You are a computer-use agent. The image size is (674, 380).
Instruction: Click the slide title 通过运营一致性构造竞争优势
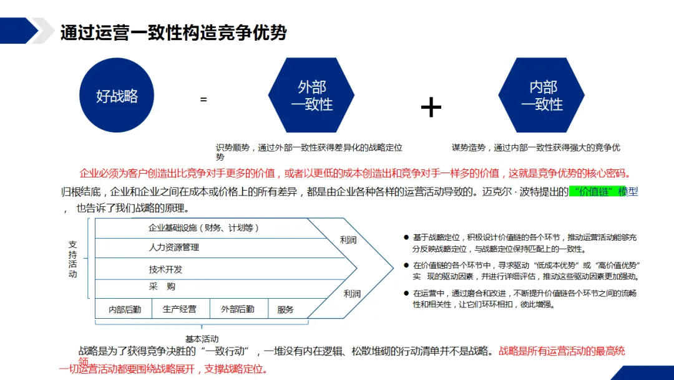tap(173, 32)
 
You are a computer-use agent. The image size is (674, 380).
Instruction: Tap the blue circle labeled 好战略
tap(117, 96)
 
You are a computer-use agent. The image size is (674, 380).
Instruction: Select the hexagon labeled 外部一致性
tap(311, 96)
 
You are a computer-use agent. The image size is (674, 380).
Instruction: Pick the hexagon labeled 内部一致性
tap(542, 96)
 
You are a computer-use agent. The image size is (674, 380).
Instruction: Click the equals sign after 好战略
tap(203, 99)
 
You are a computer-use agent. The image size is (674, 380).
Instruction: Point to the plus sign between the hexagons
tap(431, 107)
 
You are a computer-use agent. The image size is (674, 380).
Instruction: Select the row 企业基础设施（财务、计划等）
tap(203, 228)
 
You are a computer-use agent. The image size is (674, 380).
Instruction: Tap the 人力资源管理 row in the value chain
tap(174, 247)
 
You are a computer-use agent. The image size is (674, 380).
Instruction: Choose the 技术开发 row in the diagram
tap(165, 269)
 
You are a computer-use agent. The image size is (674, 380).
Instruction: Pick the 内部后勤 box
tap(125, 309)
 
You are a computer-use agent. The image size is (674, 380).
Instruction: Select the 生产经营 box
tap(180, 309)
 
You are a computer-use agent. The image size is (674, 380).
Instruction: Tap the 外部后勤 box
tap(237, 309)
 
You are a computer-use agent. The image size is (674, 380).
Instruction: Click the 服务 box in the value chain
tap(285, 309)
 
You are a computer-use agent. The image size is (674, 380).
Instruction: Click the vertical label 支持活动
tap(73, 259)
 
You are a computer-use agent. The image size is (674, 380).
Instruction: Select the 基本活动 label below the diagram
tap(202, 339)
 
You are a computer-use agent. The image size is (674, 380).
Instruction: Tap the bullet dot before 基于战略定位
tap(406, 237)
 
